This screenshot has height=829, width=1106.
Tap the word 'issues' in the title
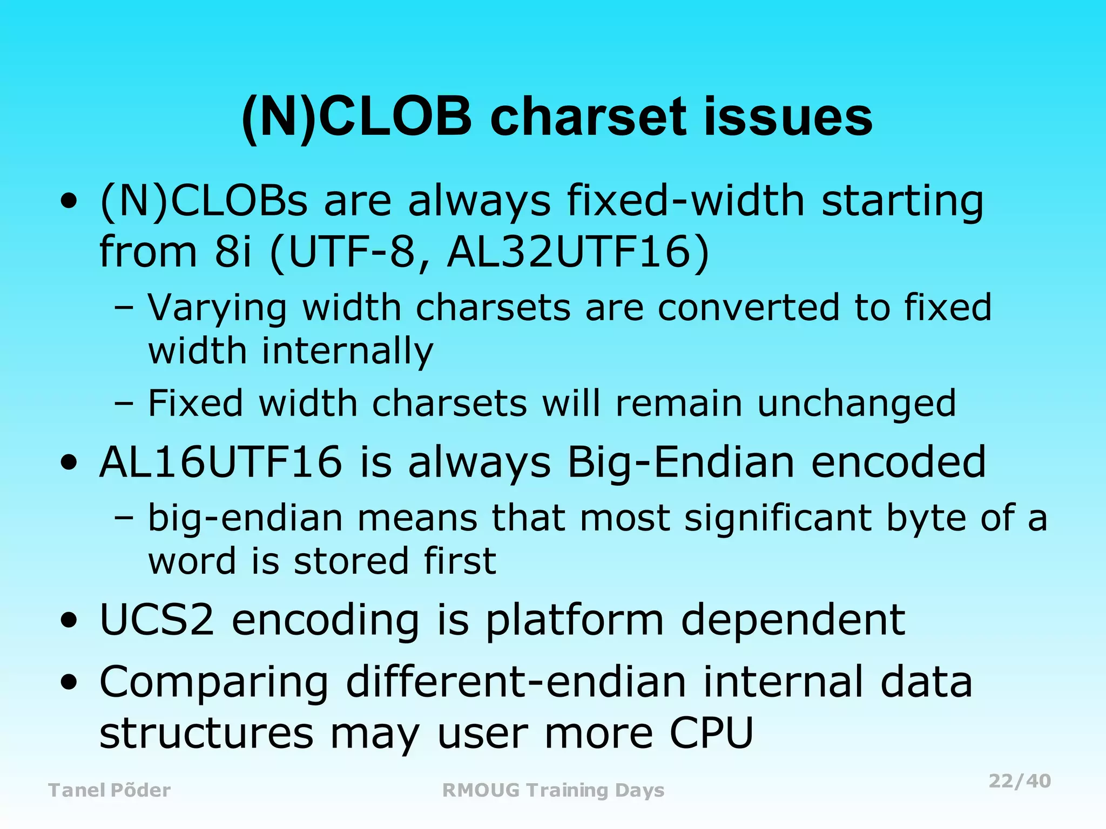[789, 117]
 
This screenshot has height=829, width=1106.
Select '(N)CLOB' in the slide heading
[356, 117]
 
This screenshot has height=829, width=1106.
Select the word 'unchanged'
[857, 403]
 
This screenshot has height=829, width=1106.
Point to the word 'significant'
[778, 518]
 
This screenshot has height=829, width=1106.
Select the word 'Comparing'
[214, 683]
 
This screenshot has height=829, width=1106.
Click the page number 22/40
[1020, 781]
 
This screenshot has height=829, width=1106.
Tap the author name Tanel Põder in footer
[110, 790]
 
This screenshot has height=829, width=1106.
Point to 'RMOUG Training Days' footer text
[553, 790]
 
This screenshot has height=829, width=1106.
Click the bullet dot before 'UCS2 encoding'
[69, 621]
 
